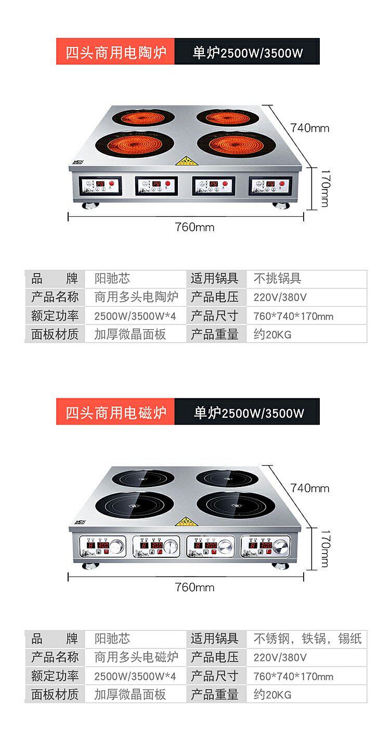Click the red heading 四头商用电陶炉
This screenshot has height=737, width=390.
(115, 52)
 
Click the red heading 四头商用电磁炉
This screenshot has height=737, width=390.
(115, 413)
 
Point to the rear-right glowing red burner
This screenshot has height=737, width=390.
(225, 117)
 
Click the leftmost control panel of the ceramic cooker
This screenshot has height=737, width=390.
(100, 185)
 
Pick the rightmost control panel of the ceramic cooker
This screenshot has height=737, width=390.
(270, 185)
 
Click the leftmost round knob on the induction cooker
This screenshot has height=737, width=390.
(118, 546)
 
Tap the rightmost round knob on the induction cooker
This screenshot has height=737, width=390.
(281, 546)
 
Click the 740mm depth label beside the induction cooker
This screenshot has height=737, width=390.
(310, 488)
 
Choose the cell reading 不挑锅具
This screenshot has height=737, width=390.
(277, 278)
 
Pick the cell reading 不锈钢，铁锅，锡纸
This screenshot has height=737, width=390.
(307, 639)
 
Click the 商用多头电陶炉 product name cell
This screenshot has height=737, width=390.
(136, 297)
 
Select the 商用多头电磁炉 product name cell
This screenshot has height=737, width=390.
(136, 657)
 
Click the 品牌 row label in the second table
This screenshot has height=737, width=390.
(55, 639)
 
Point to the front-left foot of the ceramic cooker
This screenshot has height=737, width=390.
(89, 204)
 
